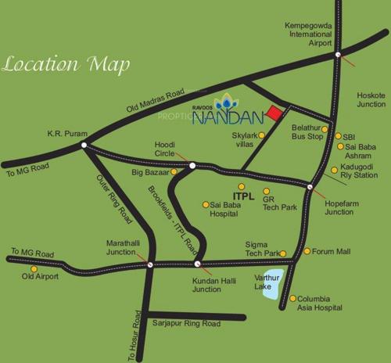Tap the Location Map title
tap(66, 63)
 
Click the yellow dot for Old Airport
tap(34, 268)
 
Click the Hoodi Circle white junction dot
tap(192, 165)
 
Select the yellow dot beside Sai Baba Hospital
tap(206, 205)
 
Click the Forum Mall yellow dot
tap(307, 251)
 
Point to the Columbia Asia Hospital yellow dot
tap(292, 298)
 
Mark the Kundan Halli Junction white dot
tap(197, 264)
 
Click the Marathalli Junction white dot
tap(149, 264)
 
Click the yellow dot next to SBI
tap(339, 136)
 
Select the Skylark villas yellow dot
tap(261, 135)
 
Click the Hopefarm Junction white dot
tap(310, 187)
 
